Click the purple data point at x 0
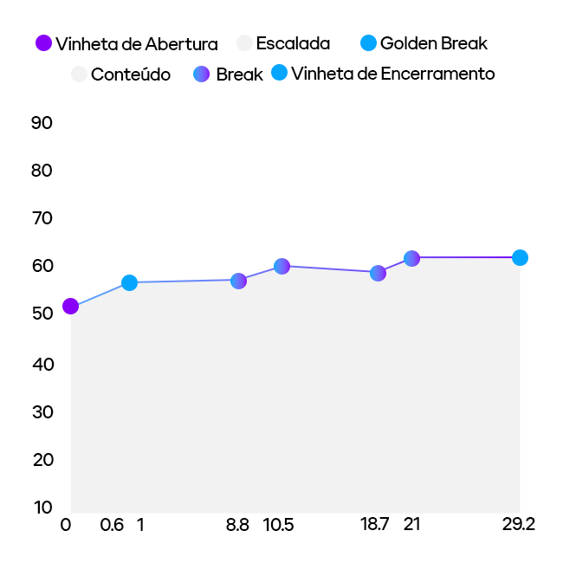[x=70, y=306]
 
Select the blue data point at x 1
[x=129, y=282]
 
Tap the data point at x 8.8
[x=238, y=281]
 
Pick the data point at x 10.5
[x=281, y=266]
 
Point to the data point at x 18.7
[x=378, y=273]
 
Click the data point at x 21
[x=411, y=258]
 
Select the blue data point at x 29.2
[x=520, y=257]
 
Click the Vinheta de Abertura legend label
[x=137, y=43]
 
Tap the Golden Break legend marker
[x=368, y=42]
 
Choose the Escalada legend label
[x=293, y=43]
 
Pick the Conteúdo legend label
[x=131, y=74]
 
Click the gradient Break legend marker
[x=202, y=74]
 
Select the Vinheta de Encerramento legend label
[x=393, y=74]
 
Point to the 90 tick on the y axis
[x=42, y=123]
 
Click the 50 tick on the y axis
[x=42, y=314]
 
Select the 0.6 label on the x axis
[x=112, y=525]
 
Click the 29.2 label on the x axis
[x=518, y=525]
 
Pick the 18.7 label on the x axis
[x=375, y=525]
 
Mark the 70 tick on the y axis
[x=42, y=218]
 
